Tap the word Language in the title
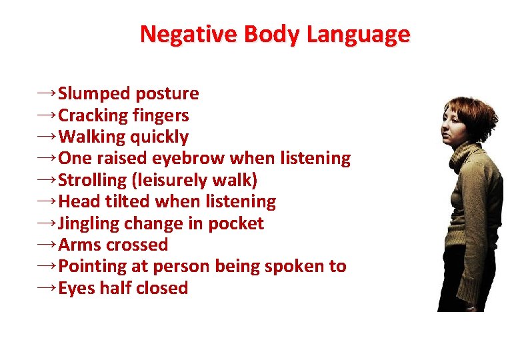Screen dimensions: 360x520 tap(358, 34)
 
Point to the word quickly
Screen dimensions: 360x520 tap(159, 137)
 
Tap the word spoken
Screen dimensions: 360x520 tap(293, 267)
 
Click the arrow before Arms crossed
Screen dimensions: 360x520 tap(47, 244)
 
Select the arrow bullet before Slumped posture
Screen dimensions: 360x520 tap(47, 93)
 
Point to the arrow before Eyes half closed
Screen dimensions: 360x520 tap(47, 287)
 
